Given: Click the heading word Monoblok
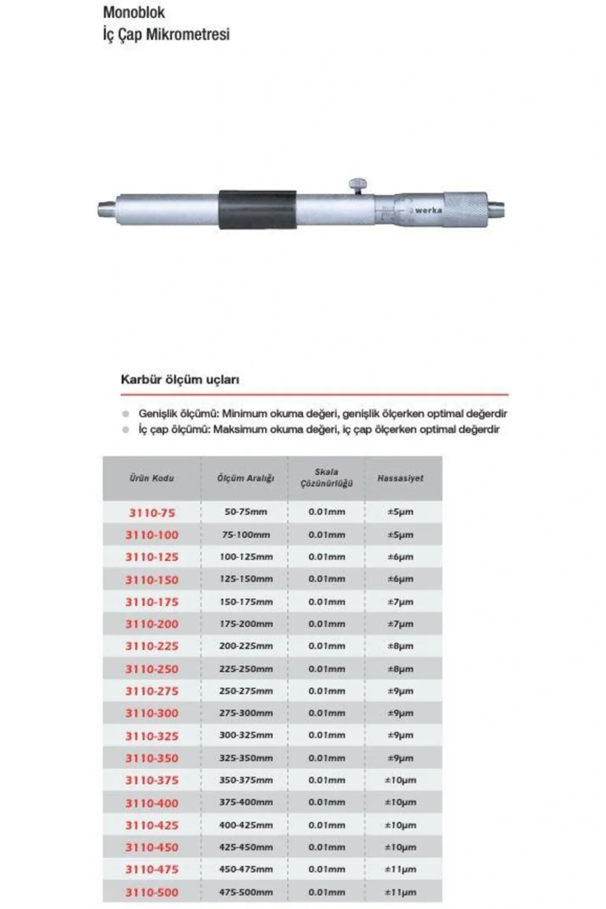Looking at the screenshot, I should coord(134,12).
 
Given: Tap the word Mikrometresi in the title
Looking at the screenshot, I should coord(189,34).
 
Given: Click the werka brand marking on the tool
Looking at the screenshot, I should coord(428,210).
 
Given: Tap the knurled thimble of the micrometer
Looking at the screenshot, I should coord(465,208).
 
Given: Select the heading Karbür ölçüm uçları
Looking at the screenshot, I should coord(180,380).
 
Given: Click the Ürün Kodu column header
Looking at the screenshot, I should coord(151,478).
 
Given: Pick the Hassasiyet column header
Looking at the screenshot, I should coord(400,478).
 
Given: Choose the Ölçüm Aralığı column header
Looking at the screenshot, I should coord(245,478).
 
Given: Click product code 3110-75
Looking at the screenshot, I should coord(152,512).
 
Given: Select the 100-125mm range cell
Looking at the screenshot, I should coord(246,557).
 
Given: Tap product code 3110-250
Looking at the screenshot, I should coord(151,669).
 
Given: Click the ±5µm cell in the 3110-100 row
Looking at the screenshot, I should coord(400,535).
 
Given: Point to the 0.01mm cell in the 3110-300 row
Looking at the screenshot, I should coord(326,713).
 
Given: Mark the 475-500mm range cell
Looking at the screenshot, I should coord(246,892).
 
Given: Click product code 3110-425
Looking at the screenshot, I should coord(151,826).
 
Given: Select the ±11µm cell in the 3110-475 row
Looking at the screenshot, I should coord(400,870).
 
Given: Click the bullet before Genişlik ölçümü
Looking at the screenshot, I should coord(125,414).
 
